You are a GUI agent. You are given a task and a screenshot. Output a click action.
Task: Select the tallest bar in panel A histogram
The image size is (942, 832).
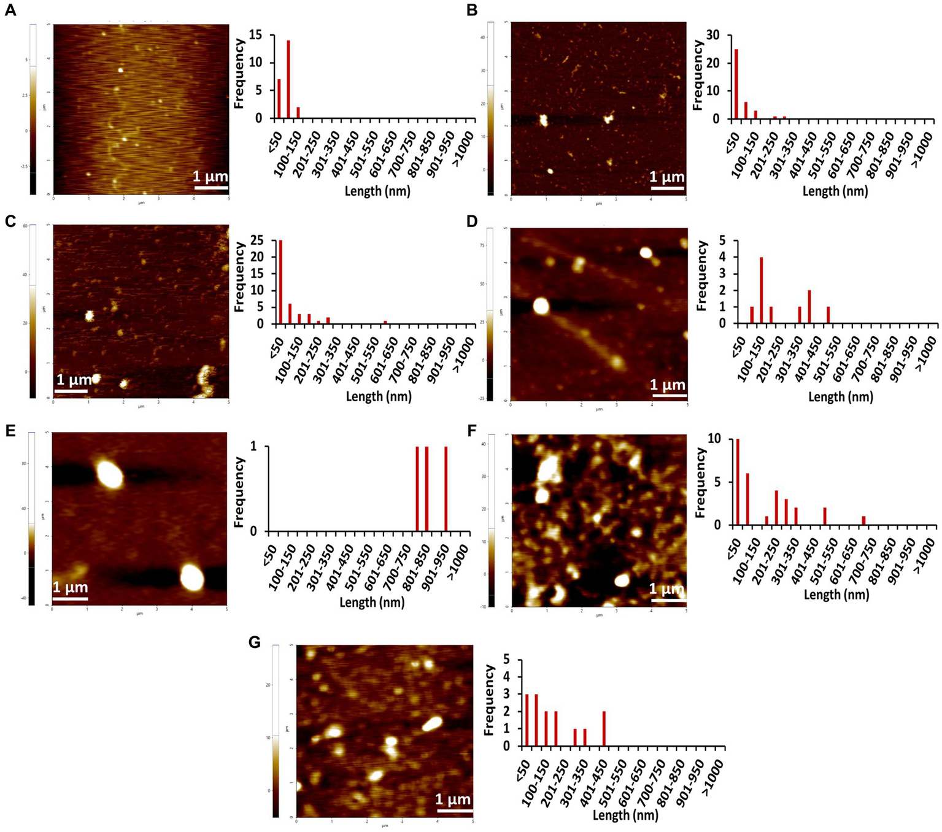(288, 79)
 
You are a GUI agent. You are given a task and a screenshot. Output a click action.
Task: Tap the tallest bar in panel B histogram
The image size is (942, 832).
(736, 84)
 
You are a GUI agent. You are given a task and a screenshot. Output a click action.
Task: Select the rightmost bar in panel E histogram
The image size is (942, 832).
(446, 488)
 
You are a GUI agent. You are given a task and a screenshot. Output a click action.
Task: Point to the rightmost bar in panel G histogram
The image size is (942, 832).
(604, 728)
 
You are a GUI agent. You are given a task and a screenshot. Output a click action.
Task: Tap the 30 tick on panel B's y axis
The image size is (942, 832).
(713, 35)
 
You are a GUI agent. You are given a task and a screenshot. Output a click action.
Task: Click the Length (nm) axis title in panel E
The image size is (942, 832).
(372, 602)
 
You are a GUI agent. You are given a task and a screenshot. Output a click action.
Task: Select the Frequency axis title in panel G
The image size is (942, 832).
(489, 700)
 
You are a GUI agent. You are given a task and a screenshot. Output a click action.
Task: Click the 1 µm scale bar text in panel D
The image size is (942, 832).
(668, 385)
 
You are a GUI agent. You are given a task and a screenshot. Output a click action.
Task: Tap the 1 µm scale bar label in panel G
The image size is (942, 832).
(453, 799)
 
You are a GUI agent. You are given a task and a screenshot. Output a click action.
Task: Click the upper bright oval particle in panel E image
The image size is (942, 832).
(110, 474)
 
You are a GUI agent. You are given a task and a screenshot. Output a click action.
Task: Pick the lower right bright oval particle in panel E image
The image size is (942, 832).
(192, 577)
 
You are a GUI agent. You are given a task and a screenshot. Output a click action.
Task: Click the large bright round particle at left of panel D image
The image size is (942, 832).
(541, 306)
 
